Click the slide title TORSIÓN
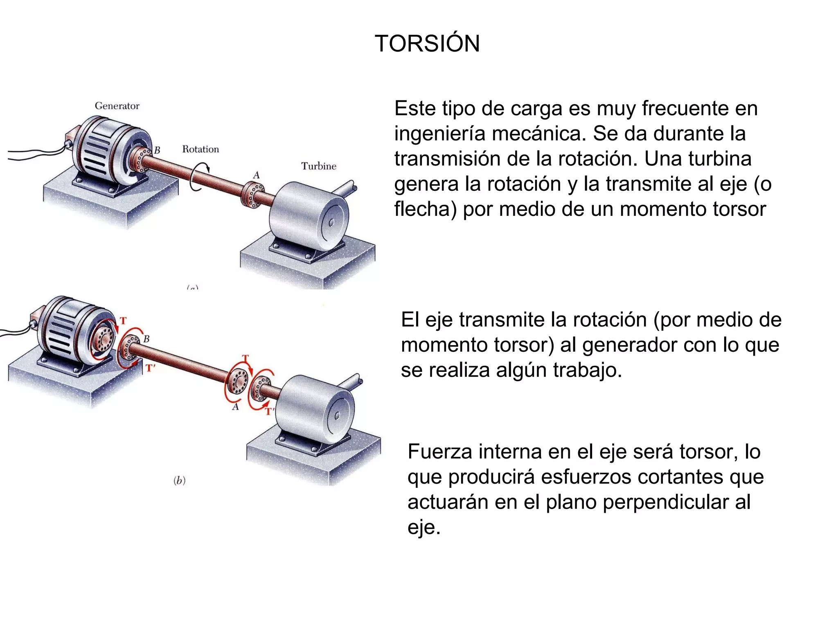coord(427,43)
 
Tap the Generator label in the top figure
coord(117,106)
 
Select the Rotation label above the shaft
coord(200,149)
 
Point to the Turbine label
coord(319,166)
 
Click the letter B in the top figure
coord(157,150)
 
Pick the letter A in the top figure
coord(257,175)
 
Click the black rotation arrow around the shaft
coord(200,176)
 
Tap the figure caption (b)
coord(180,480)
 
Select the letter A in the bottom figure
coord(235,407)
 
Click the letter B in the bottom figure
coord(146,339)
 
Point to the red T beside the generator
coord(123,321)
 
